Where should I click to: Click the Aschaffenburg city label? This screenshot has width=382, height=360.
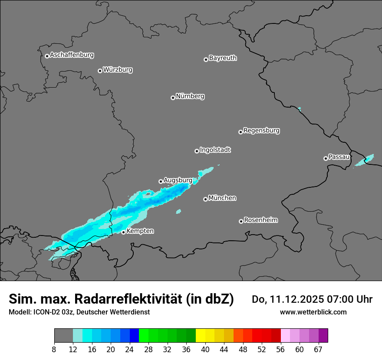pos(72,55)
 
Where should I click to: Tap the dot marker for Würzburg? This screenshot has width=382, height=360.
pos(100,71)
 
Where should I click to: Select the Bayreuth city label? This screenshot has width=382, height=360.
pos(223,58)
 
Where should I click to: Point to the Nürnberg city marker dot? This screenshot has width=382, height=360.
pos(173,98)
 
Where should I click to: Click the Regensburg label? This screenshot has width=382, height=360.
pos(261,130)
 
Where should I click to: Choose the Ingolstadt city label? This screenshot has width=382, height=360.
pos(215,150)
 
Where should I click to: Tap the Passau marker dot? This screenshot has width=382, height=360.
pos(326,158)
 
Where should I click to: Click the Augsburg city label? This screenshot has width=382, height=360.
pos(178,180)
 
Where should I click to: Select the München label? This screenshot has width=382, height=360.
pos(222,198)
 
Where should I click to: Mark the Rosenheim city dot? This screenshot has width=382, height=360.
pos(241,222)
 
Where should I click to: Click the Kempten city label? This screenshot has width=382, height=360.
pos(140,231)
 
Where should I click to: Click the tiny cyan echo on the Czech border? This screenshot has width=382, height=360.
pos(299,108)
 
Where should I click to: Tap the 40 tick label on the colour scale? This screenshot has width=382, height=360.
pos(205,349)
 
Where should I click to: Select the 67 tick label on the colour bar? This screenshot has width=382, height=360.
pos(318,349)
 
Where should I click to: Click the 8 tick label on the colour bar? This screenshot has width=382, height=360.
pos(54,349)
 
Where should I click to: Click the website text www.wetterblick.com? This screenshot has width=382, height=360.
pos(313,312)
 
